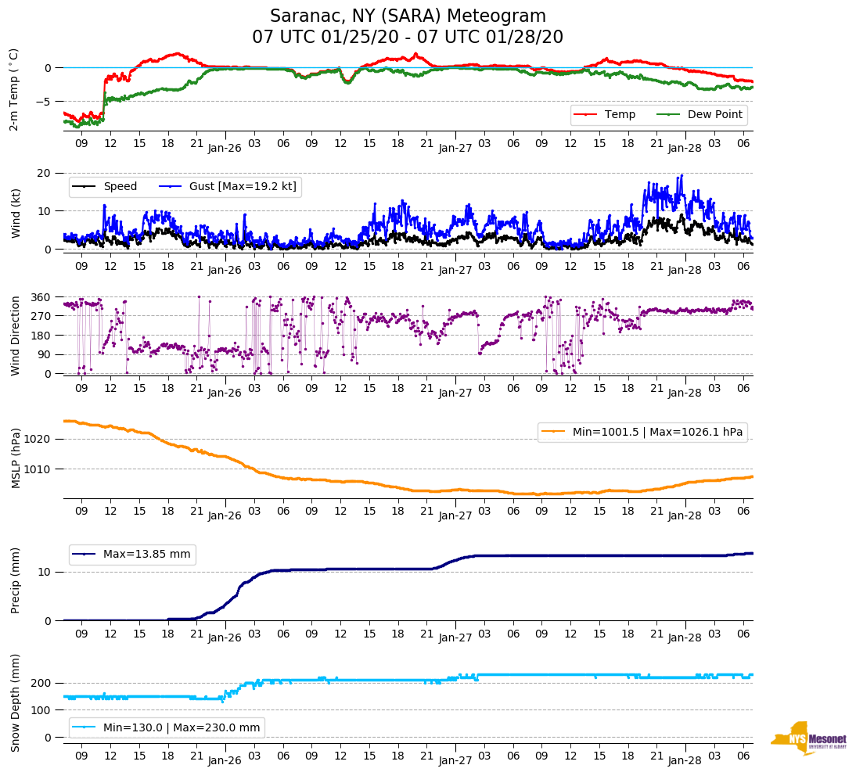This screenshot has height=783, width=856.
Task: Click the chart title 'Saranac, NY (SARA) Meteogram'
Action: [408, 16]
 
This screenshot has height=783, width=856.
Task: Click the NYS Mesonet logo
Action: [808, 738]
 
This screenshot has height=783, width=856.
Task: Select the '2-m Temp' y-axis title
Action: [13, 89]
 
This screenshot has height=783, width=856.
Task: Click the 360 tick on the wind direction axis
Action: [42, 297]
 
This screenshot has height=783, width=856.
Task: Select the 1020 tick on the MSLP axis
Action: [39, 439]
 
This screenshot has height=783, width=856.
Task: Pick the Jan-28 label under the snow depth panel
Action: [685, 760]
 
